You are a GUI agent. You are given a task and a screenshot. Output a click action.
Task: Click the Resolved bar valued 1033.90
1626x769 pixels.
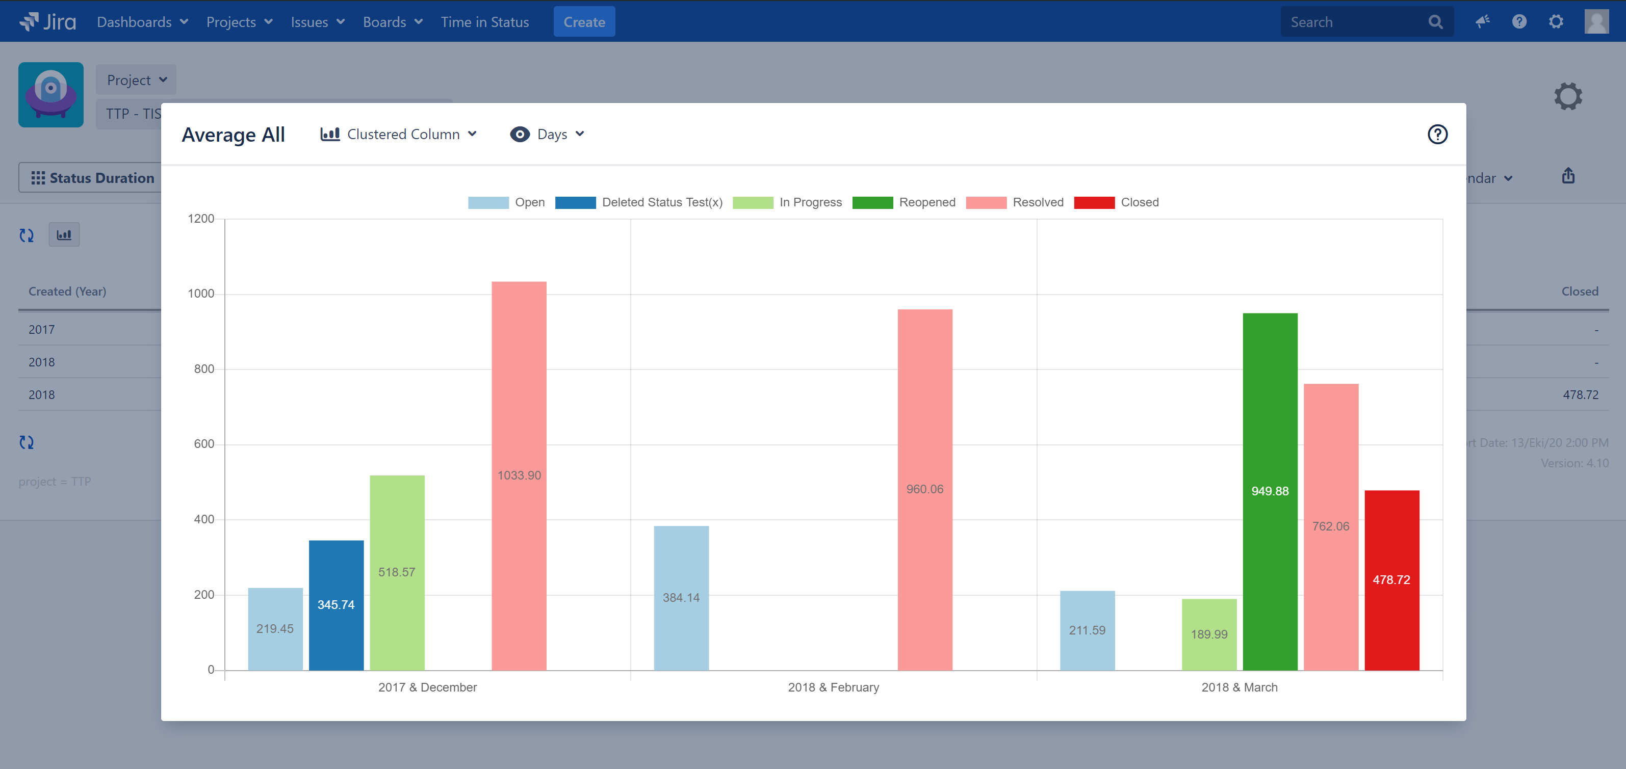[519, 475]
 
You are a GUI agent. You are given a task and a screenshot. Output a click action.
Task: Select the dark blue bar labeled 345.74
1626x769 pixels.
[336, 605]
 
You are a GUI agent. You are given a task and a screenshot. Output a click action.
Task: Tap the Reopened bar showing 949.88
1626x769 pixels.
[1270, 491]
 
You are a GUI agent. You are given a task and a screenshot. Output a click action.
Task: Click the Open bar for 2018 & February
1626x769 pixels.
[681, 597]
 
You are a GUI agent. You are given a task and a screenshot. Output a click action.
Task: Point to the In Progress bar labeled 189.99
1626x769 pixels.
[1209, 634]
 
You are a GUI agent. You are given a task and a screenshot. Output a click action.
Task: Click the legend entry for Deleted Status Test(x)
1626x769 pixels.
[639, 202]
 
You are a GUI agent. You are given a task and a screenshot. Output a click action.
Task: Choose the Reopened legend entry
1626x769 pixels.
[904, 202]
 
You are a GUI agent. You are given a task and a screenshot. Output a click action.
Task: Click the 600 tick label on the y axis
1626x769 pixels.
[204, 444]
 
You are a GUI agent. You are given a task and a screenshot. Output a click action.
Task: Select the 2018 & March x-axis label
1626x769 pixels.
[1239, 687]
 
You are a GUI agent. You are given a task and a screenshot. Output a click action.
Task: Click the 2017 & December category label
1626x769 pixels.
[427, 687]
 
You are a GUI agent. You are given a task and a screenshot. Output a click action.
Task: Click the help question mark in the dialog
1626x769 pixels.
[1437, 135]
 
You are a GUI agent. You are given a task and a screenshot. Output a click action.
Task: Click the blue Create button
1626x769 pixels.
[584, 22]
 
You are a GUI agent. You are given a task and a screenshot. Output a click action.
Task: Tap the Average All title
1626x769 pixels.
[233, 135]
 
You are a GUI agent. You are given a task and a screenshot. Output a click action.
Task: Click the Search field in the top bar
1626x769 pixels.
[1357, 22]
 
